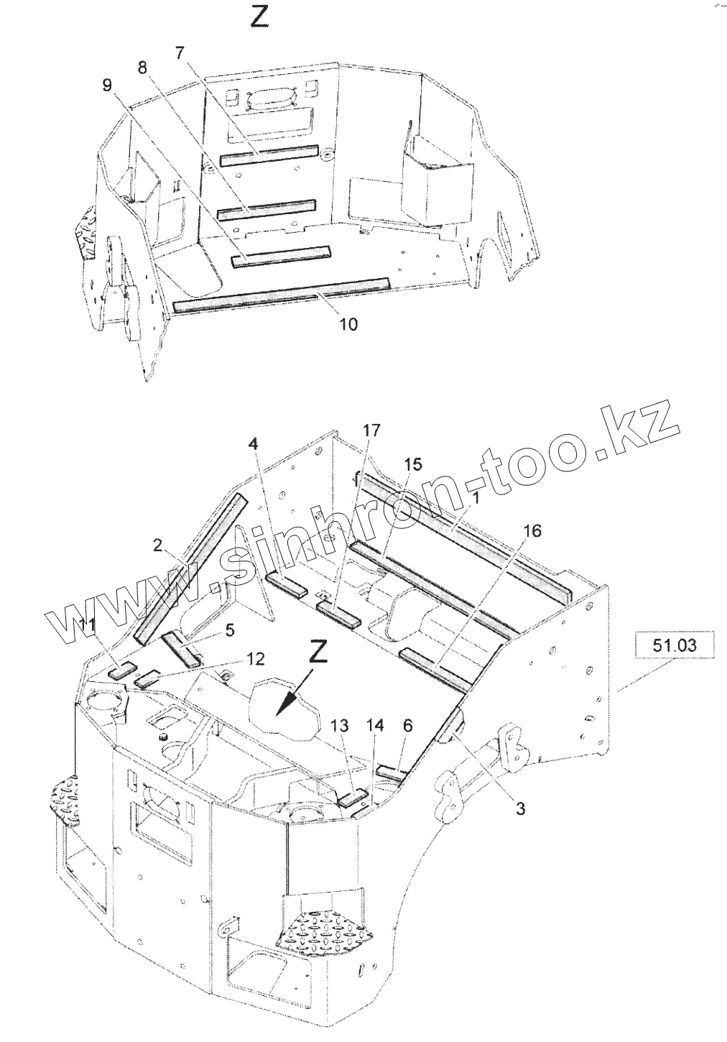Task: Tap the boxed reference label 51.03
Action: (674, 645)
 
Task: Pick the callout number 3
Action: (520, 808)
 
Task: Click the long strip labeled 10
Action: (282, 293)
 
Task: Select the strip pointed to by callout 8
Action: (267, 208)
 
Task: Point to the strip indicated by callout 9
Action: (281, 255)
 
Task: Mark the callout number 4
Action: (253, 444)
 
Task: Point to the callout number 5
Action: (230, 631)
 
